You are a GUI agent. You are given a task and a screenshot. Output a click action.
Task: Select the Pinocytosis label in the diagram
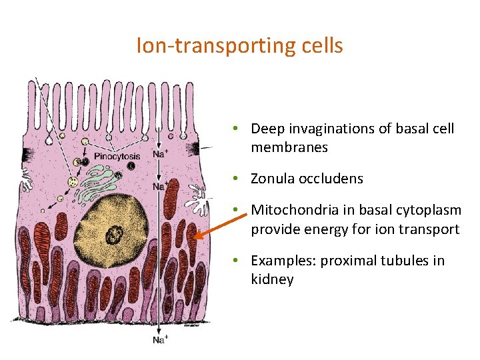[x=117, y=157]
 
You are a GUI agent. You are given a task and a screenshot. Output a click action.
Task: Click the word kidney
[x=272, y=280]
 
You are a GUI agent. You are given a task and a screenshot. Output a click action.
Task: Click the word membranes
[x=289, y=147]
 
